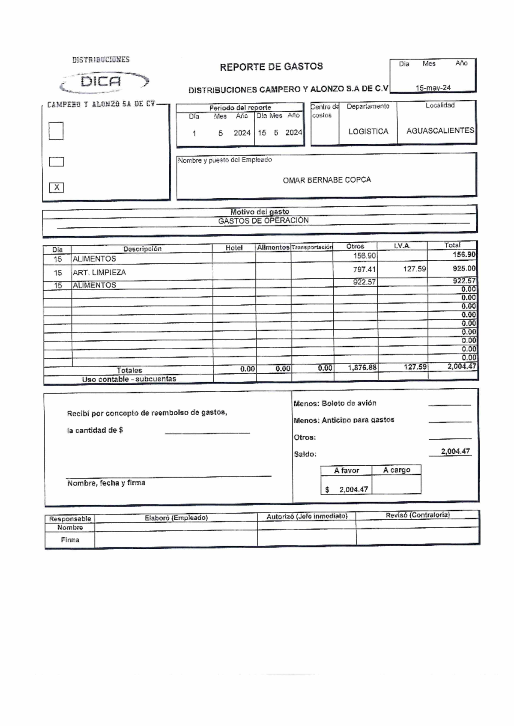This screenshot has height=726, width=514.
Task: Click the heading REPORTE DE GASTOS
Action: point(271,67)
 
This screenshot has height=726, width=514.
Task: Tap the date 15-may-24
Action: point(433,88)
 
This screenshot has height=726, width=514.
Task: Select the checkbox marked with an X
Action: point(57,187)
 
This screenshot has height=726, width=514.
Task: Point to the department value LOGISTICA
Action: point(368,131)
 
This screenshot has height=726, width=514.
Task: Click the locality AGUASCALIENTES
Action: point(440,131)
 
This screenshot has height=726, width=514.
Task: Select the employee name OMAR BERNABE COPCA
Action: point(326,180)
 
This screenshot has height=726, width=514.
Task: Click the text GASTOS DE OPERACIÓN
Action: point(263,221)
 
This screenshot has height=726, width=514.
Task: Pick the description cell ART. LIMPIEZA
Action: point(99,273)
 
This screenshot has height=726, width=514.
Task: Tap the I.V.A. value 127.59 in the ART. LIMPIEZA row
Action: point(414,269)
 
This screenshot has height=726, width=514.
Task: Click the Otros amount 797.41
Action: point(364,270)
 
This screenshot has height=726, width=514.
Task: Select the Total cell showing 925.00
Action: point(464,268)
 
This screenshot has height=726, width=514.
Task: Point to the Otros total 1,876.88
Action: point(362,367)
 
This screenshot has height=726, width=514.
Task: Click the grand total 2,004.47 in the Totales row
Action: point(461,366)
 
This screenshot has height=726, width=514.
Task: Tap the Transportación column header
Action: point(312,247)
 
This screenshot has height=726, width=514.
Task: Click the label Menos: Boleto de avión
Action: point(335,403)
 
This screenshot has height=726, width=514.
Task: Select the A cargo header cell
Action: point(396,470)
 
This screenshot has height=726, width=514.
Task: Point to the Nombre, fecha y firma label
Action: point(106,483)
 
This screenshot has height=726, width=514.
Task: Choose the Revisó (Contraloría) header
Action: point(417,515)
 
